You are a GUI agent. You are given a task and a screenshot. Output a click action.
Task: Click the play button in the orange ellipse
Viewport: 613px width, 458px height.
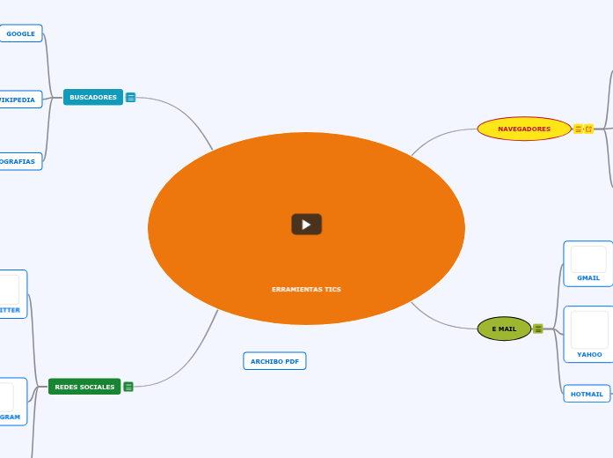click(306, 225)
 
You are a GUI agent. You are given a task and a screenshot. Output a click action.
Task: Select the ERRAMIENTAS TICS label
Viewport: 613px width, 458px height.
click(306, 289)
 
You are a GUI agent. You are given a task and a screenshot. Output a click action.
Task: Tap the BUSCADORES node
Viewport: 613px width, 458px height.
click(93, 97)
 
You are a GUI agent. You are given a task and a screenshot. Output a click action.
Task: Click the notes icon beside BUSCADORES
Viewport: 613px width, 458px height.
click(131, 98)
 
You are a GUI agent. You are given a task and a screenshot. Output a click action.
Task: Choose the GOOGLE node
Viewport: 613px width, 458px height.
click(20, 33)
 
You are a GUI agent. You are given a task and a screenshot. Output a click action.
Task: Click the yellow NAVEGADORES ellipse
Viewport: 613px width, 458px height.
click(524, 129)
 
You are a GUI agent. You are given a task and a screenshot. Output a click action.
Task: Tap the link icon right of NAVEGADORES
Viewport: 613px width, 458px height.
click(589, 129)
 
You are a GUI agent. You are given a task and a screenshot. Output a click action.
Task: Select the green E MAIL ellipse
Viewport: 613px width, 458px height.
click(504, 329)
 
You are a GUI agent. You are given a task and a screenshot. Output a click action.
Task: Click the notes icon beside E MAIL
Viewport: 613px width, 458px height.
click(538, 329)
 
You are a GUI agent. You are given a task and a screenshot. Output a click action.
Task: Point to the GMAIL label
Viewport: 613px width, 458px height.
click(588, 277)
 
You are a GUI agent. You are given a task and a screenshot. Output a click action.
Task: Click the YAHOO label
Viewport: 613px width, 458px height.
click(589, 354)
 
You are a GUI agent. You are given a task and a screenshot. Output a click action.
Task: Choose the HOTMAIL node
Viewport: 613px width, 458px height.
click(587, 394)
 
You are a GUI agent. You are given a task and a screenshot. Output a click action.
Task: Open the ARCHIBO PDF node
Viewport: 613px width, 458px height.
click(274, 361)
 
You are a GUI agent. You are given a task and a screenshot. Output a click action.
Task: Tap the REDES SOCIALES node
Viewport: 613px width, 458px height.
click(84, 387)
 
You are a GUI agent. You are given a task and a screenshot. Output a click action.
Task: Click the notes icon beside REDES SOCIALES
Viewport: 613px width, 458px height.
click(128, 387)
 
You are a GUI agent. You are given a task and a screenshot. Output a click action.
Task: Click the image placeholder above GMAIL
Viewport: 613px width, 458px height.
click(588, 259)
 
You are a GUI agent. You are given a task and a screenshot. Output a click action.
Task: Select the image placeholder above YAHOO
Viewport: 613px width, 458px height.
click(589, 329)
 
